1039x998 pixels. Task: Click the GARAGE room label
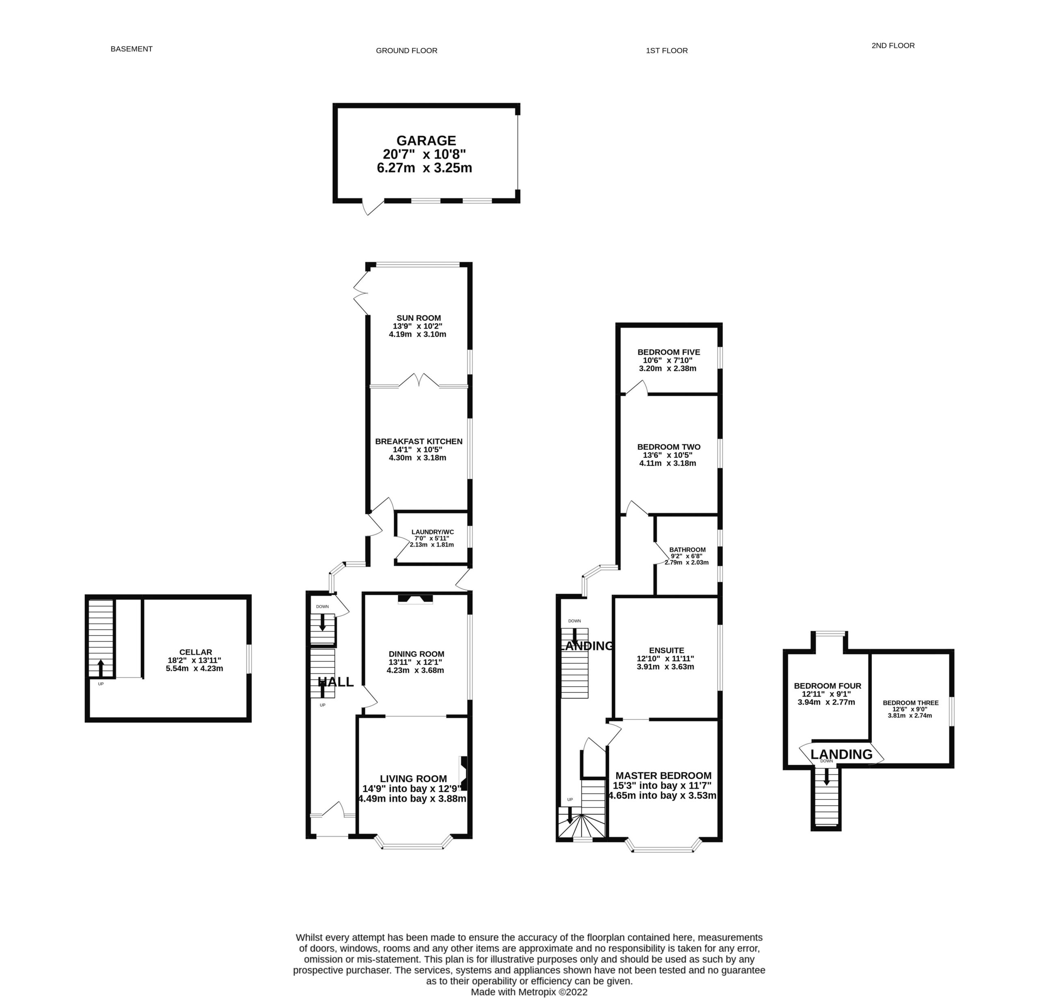pos(426,140)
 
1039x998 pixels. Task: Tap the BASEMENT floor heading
pos(131,49)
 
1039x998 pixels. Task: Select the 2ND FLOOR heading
pos(893,45)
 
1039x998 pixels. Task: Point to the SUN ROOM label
pos(418,318)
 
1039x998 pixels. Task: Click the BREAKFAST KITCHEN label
pos(419,441)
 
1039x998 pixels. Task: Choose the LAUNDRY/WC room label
pos(433,532)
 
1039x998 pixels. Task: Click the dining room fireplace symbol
pos(416,599)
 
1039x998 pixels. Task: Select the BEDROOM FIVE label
pos(668,352)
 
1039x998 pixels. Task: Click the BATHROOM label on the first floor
pos(687,550)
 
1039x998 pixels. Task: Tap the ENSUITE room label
pos(666,650)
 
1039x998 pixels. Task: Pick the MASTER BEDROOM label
pos(663,776)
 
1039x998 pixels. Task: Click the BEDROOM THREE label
pos(910,703)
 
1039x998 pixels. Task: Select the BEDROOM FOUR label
pos(827,686)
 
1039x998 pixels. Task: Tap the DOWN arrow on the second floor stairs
pos(826,776)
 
